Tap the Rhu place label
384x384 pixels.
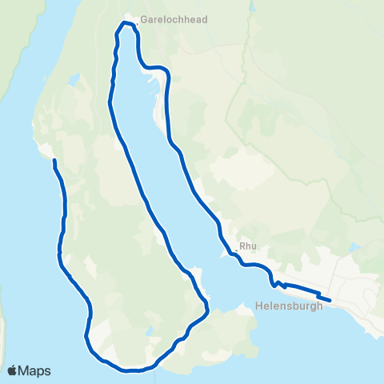[x=247, y=246]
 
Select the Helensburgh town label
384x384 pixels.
[x=289, y=305]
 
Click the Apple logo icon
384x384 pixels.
[x=13, y=370]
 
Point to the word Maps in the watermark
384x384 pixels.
[x=35, y=370]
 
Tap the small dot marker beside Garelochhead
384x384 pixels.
[x=137, y=23]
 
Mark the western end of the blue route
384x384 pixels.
[x=54, y=161]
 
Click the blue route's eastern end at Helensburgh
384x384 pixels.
[x=330, y=301]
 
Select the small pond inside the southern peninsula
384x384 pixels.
[x=149, y=330]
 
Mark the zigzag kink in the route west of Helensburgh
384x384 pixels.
[x=278, y=283]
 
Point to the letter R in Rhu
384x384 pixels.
[x=242, y=246]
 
